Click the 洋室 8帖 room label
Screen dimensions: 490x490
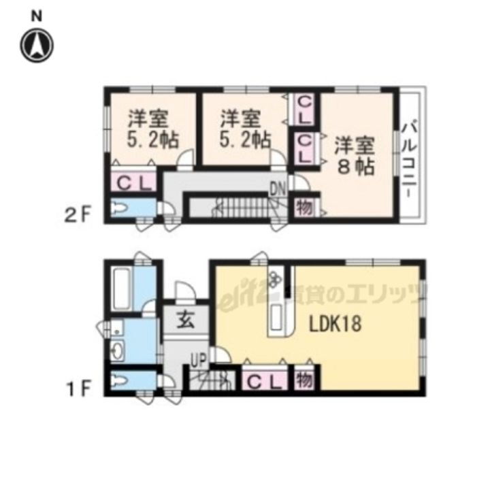[x=355, y=156]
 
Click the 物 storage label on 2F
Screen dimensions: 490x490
[x=304, y=208]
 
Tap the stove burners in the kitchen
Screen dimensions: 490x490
[x=274, y=280]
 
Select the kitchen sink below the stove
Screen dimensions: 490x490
[x=278, y=315]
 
